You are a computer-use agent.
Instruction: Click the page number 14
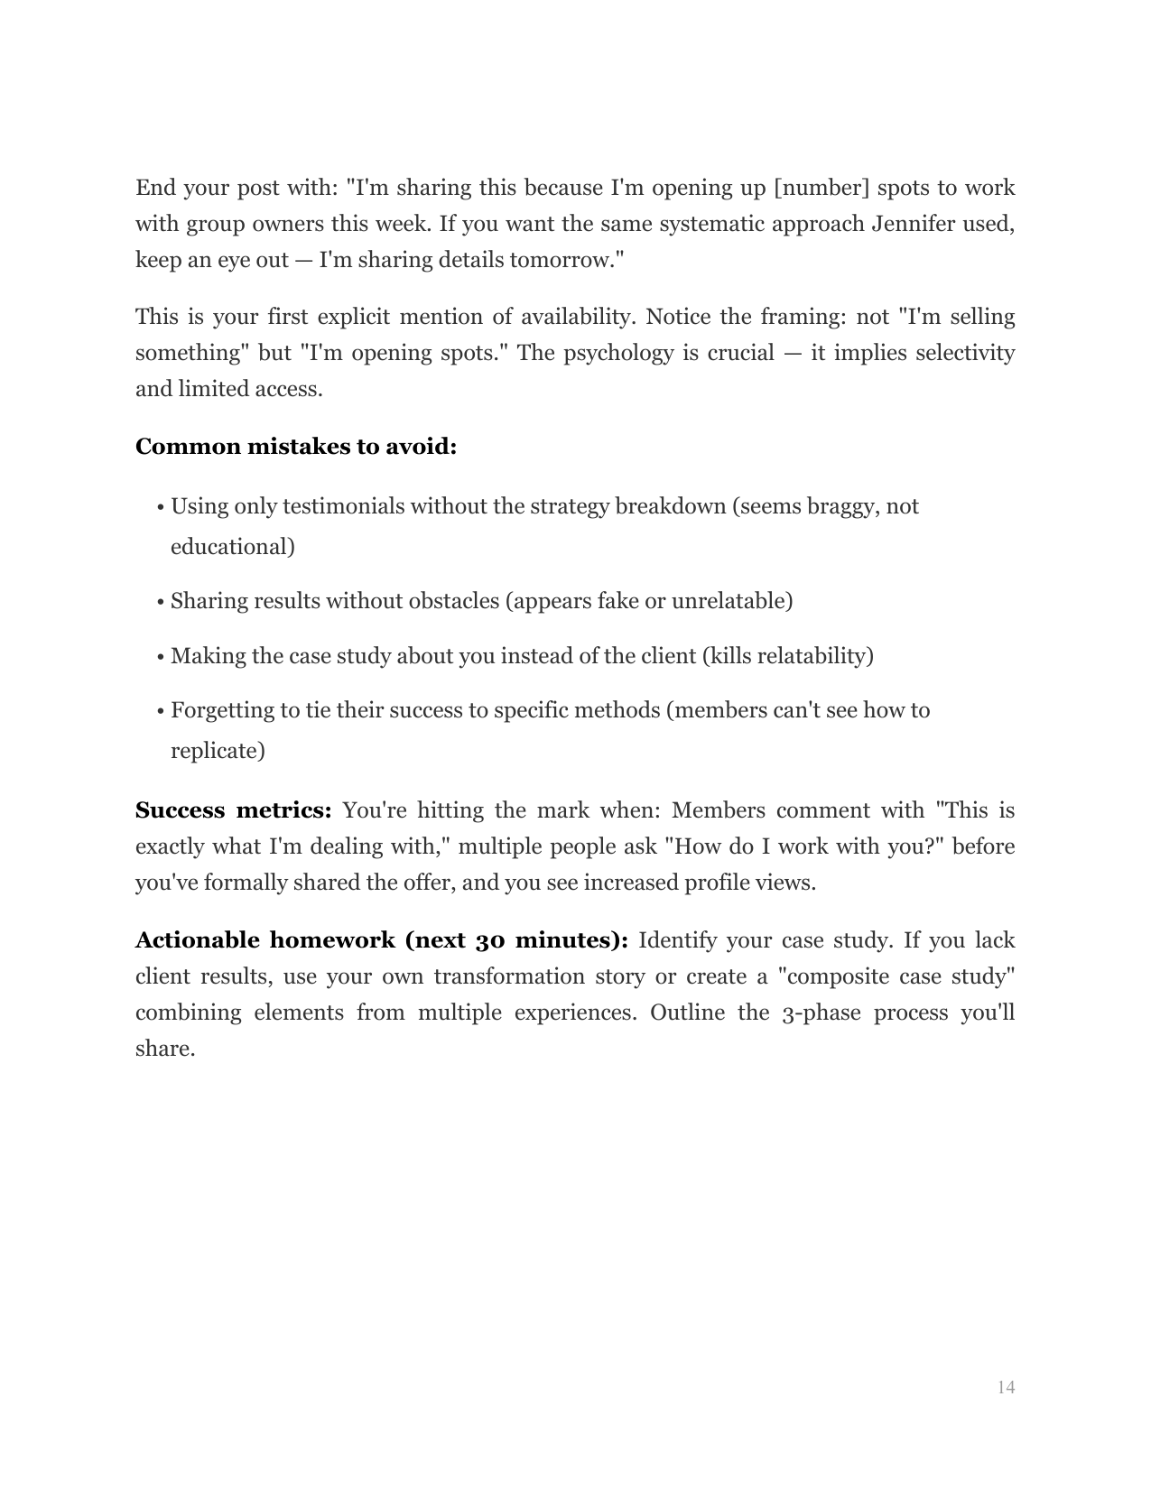click(1006, 1387)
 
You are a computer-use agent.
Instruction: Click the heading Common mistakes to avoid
click(295, 447)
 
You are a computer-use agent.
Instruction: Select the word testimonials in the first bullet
click(343, 506)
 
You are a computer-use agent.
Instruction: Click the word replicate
click(217, 751)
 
